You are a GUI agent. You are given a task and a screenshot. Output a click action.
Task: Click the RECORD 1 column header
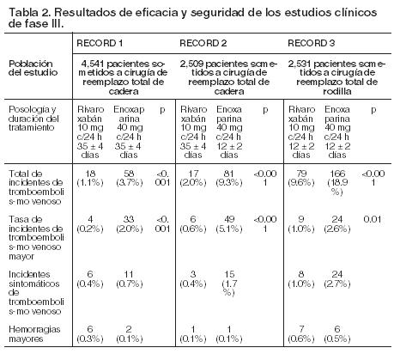(x=100, y=43)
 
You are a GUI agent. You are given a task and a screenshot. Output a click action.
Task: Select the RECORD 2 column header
(x=203, y=43)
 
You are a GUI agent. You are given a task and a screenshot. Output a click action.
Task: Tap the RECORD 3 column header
(x=312, y=43)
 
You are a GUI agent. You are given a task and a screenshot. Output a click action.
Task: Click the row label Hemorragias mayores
(x=34, y=334)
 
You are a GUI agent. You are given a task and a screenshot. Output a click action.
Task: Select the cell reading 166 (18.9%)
(x=337, y=182)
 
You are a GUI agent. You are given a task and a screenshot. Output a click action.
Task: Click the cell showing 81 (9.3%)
(x=229, y=178)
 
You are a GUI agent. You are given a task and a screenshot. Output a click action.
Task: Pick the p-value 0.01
(x=372, y=219)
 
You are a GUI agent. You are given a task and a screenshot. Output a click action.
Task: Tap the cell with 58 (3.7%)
(x=129, y=178)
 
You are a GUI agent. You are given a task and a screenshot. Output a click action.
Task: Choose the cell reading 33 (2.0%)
(x=129, y=224)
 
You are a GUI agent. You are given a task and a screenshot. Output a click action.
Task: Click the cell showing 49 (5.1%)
(x=229, y=224)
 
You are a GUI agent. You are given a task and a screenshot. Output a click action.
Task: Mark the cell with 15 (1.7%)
(x=229, y=284)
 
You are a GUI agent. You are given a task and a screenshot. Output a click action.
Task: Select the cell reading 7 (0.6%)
(x=301, y=334)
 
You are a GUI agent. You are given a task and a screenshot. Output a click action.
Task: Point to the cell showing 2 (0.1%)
(x=129, y=334)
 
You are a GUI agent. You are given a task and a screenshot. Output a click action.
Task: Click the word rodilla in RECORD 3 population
(x=337, y=91)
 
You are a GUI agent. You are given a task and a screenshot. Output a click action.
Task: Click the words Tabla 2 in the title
(x=29, y=13)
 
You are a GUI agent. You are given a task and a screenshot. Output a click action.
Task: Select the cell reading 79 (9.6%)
(x=301, y=178)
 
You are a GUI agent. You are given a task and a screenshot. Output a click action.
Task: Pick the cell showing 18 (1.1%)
(x=90, y=178)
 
